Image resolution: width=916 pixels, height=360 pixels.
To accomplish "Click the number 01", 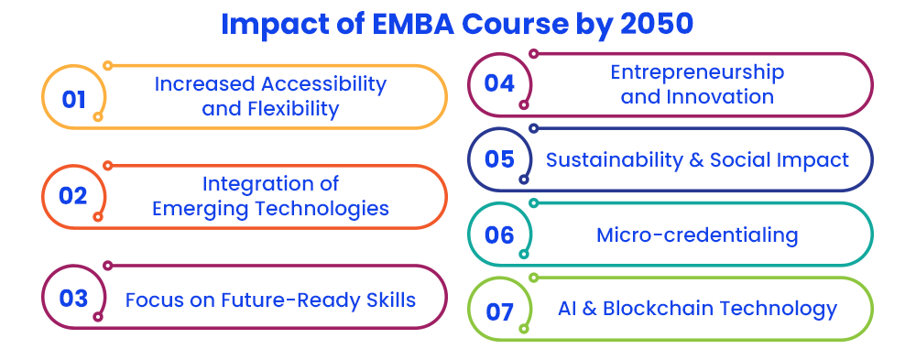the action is [x=73, y=99].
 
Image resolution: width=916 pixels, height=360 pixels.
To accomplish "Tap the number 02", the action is [x=73, y=196].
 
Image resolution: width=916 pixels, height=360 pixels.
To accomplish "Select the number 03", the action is [x=73, y=298].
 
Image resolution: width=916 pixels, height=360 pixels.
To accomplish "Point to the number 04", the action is [x=499, y=83].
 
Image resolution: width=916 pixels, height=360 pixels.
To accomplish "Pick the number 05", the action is [x=499, y=159].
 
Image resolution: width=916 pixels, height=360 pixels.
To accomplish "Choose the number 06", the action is [x=499, y=235].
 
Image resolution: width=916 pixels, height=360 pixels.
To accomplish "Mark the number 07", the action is [x=499, y=312].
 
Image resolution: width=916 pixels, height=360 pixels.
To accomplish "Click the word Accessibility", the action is [x=323, y=84].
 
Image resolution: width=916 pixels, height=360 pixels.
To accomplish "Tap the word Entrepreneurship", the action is [x=697, y=72].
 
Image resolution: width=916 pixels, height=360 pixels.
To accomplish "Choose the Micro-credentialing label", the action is [x=697, y=235].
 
